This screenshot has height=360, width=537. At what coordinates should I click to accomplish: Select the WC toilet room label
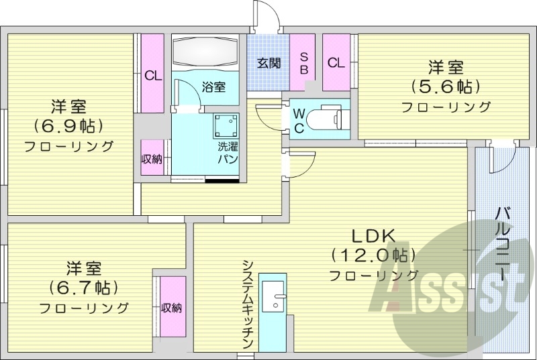pos(299,119)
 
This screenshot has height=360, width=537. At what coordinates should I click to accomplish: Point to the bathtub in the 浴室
pos(205,50)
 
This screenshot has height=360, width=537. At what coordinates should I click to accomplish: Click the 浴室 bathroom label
pos(213,86)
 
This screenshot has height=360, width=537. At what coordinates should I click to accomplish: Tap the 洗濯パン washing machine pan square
pos(226,126)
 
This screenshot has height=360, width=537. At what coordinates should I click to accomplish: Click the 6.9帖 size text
pos(70,126)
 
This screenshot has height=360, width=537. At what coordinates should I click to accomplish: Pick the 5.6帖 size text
pos(446,86)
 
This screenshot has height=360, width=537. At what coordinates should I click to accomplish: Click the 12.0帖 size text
pos(373,255)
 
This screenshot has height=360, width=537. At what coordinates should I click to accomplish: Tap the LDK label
pos(374,235)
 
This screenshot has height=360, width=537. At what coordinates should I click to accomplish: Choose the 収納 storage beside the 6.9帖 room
pos(152,158)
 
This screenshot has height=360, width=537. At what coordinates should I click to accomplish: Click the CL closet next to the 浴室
pos(153,74)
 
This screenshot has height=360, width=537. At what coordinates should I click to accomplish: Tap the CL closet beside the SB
pos(336,63)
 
